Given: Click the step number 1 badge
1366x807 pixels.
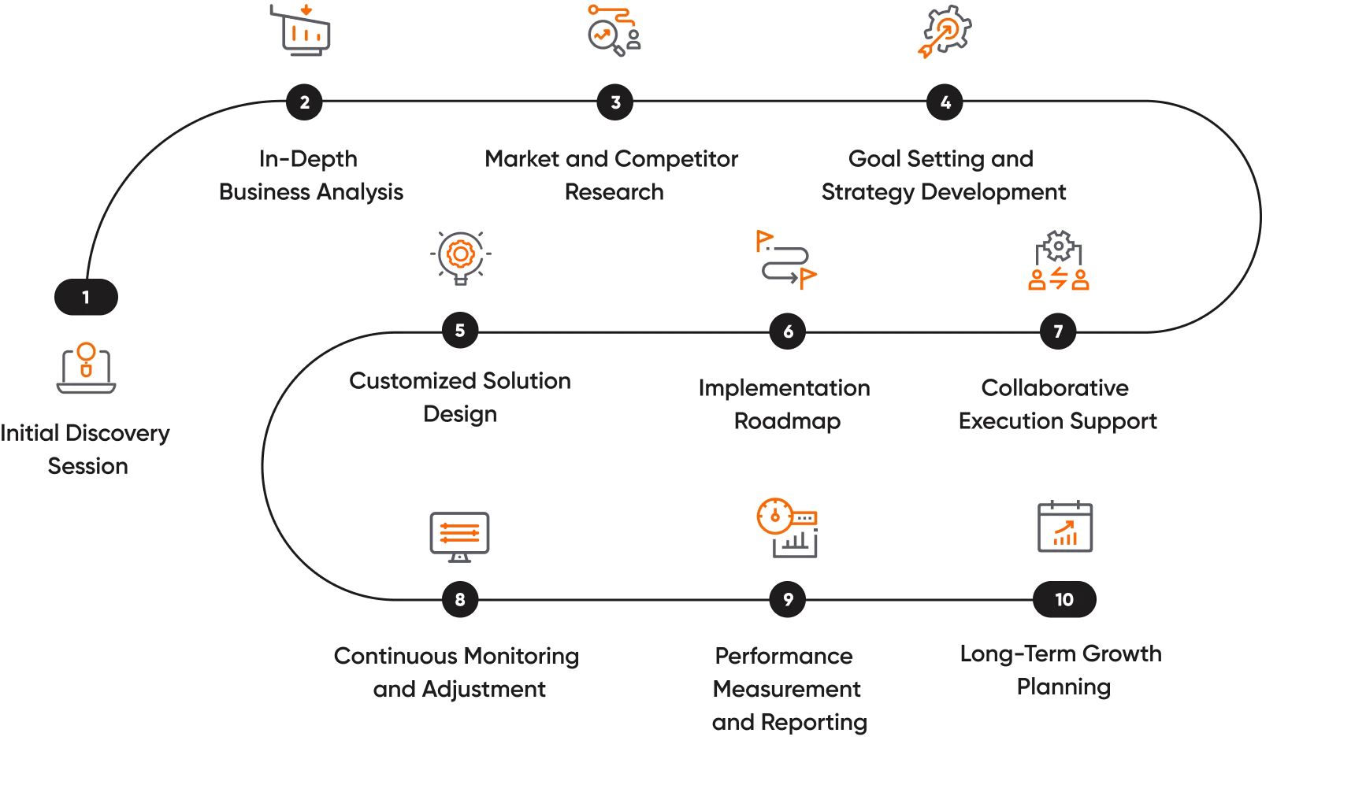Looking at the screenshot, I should pyautogui.click(x=85, y=298).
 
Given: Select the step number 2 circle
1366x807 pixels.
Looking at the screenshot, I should pyautogui.click(x=305, y=102).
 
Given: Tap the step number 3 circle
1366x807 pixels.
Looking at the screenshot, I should pyautogui.click(x=615, y=102).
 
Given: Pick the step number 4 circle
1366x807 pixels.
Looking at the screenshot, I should pyautogui.click(x=945, y=102).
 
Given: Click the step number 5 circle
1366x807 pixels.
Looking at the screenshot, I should pyautogui.click(x=460, y=331).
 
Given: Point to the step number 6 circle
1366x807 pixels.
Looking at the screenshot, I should pyautogui.click(x=788, y=331).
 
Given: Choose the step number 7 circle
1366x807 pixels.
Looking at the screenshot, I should pyautogui.click(x=1058, y=331).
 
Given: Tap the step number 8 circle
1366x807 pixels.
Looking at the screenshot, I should pyautogui.click(x=460, y=600).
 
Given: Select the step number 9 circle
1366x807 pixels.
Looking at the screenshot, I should pyautogui.click(x=788, y=600).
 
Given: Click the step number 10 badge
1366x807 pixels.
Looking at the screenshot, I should pyautogui.click(x=1063, y=600).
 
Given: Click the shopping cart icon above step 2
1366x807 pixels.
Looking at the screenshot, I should pyautogui.click(x=302, y=30).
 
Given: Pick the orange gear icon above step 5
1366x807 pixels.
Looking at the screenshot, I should pyautogui.click(x=460, y=256).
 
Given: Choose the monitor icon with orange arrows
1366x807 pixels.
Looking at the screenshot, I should pyautogui.click(x=460, y=535).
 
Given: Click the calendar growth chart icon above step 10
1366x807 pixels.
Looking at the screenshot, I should pyautogui.click(x=1064, y=526).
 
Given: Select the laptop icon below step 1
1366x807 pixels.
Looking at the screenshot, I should pyautogui.click(x=86, y=368).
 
